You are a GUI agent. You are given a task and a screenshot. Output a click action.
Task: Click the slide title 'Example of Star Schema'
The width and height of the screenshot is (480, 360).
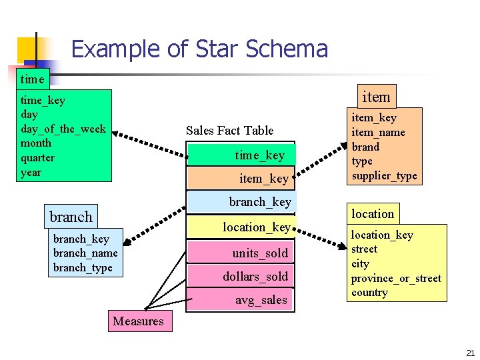coord(199,49)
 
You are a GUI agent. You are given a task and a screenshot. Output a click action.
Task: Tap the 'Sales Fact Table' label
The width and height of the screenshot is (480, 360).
coord(229,130)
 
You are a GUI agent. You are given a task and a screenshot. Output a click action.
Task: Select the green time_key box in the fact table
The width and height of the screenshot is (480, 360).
coord(241,155)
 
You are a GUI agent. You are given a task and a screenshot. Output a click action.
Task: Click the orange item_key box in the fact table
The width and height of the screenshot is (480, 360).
coord(241,178)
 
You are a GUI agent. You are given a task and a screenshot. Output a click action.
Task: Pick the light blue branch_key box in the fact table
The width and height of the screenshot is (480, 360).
coord(241,201)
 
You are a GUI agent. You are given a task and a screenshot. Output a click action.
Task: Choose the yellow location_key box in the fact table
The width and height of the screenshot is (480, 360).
coord(241,227)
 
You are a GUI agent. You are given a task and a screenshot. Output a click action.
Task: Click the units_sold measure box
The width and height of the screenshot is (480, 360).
coord(241,253)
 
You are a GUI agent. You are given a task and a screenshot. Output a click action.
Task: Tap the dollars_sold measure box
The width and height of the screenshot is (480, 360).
coord(241,276)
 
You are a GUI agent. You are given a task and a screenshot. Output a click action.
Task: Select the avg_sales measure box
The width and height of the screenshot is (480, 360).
coord(241,300)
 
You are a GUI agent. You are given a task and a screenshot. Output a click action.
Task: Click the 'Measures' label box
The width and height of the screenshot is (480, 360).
coord(138,321)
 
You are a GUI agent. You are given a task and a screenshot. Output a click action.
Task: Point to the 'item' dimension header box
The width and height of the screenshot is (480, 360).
coord(376,97)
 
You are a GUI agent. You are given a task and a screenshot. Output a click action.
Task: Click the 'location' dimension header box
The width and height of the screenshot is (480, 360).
coord(373,213)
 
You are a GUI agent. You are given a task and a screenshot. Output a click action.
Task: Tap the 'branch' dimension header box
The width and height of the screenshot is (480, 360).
coord(71,217)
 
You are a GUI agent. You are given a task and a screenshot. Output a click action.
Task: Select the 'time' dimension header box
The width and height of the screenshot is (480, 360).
coord(32,79)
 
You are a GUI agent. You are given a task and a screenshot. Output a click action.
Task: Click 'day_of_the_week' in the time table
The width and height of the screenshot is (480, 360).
coord(63,129)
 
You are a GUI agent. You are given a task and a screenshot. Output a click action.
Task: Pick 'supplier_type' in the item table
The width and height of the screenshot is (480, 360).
coord(384,176)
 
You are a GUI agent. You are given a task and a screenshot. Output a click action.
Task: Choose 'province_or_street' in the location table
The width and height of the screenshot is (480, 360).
coord(396,278)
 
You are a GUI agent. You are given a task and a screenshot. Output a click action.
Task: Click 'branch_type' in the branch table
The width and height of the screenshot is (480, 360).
coord(83,267)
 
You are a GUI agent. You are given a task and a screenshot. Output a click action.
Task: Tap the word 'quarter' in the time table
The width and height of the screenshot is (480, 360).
coord(38,158)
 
